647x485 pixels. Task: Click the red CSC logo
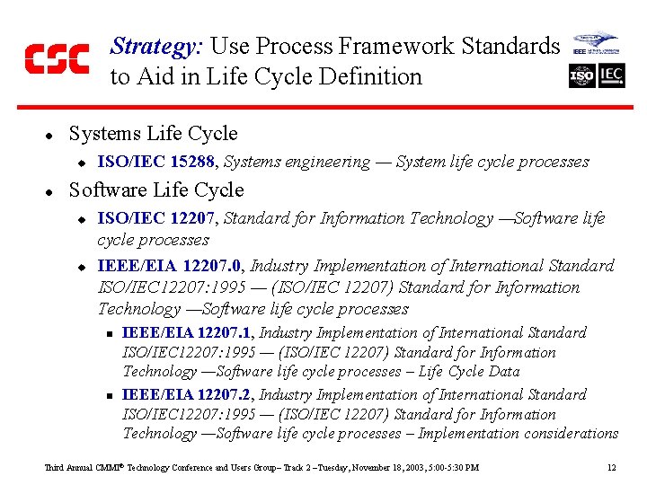tap(56, 58)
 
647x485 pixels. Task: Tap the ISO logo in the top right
tap(581, 75)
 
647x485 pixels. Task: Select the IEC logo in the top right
tap(611, 75)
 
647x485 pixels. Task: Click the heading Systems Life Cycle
tap(153, 134)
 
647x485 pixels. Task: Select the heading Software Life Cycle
tap(155, 190)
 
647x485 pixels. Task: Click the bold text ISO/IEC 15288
tap(157, 163)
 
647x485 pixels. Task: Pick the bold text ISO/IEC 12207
tap(157, 218)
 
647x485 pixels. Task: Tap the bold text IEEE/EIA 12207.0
tap(170, 266)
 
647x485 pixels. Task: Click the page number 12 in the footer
tap(611, 468)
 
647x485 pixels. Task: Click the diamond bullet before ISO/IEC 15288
tap(80, 163)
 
